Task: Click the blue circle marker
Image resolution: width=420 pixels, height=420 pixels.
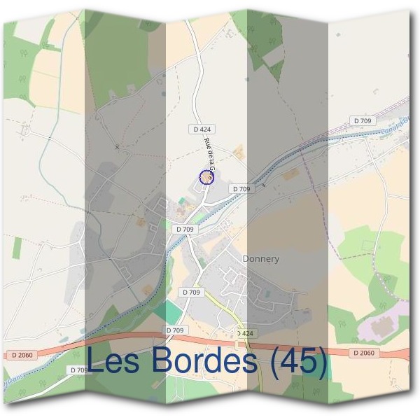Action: tap(205, 177)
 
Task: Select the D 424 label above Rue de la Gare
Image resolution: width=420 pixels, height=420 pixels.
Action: tap(202, 129)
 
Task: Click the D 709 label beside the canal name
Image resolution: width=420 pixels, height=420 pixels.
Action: tap(363, 121)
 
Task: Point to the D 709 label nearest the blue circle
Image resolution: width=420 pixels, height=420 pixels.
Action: tap(240, 189)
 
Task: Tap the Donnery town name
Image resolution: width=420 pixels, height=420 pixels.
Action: tap(260, 259)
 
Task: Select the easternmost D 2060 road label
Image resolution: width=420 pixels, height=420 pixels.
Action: tap(365, 352)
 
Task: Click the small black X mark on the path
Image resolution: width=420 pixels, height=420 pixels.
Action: tap(117, 147)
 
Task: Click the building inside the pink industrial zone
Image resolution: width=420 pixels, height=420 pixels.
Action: tap(381, 325)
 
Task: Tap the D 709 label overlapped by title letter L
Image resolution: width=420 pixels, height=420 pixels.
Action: tap(78, 370)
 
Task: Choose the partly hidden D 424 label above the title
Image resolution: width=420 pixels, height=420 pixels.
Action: tap(244, 333)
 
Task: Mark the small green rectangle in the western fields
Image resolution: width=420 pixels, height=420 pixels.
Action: tap(17, 247)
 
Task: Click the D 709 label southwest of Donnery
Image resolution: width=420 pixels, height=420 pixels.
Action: tap(191, 292)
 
